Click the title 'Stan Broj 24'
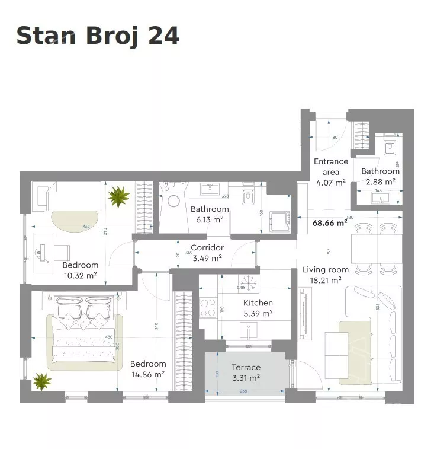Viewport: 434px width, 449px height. coord(98,36)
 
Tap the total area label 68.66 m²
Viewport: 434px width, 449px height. coord(329,224)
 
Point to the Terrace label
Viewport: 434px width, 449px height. coord(246,367)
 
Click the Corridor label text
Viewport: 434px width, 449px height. coord(207,247)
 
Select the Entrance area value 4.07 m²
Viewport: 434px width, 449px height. coord(331,182)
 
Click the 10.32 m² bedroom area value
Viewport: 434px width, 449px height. coord(80,275)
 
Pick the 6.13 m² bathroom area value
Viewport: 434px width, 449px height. coord(210,219)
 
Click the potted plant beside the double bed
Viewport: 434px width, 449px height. coord(42,381)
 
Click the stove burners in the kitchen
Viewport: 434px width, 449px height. coord(208,307)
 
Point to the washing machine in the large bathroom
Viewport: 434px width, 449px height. coord(173,200)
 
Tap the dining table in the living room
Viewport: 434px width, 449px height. coord(375,249)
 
